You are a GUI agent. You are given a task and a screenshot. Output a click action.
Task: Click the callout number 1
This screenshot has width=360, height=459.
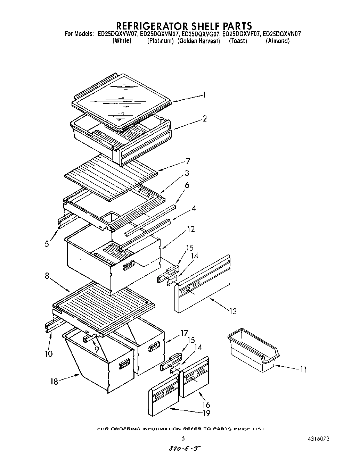click(205, 95)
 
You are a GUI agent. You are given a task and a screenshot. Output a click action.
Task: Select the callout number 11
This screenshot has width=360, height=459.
click(303, 370)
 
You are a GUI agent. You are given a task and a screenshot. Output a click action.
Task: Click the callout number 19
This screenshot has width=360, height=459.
click(206, 413)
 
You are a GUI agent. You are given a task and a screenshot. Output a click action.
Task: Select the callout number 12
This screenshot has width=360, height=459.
click(191, 229)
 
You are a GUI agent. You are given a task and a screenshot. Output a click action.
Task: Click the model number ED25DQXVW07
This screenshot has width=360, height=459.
click(118, 34)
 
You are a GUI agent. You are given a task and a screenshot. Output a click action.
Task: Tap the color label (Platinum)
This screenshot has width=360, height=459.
click(160, 41)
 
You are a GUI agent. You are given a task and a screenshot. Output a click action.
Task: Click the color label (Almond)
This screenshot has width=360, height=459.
click(277, 41)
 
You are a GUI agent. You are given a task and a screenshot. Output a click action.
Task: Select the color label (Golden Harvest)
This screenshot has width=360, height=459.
click(199, 41)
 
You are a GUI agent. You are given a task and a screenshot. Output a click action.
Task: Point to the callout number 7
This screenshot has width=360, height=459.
click(188, 161)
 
